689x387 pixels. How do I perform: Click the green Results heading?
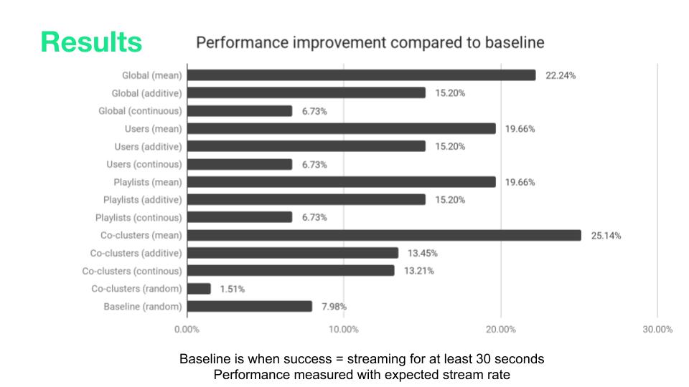coord(91,42)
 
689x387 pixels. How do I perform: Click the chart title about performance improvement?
coord(370,42)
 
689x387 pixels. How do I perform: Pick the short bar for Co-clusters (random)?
coord(199,289)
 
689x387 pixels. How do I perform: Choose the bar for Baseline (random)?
coord(249,307)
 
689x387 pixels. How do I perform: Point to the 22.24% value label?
coord(561,75)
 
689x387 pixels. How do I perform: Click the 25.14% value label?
coord(606,235)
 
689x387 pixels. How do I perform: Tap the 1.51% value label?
coord(232,289)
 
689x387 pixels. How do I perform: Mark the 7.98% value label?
coord(334,307)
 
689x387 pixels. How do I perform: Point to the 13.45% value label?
coord(423,253)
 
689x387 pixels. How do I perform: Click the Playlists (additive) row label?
coord(142,199)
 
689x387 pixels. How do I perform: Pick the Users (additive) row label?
coord(149,146)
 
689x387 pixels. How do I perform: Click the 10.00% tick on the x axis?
coord(344,330)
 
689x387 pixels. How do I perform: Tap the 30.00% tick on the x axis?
coord(657,330)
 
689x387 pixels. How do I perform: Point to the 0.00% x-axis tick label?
coord(187,330)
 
